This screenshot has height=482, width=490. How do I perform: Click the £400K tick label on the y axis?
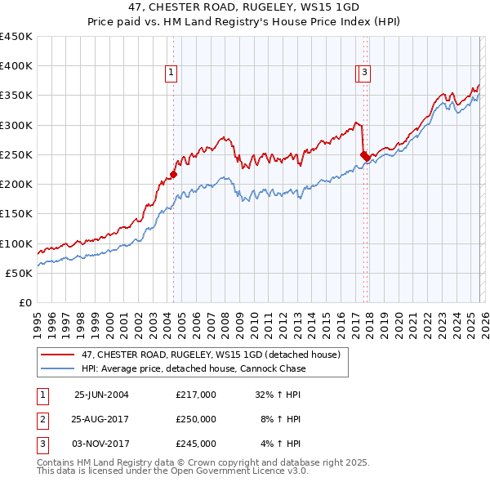click(x=16, y=66)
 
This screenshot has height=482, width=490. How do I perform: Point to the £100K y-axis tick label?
click(x=16, y=243)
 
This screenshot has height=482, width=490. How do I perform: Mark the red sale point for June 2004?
click(x=173, y=174)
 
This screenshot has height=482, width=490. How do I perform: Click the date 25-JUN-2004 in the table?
click(x=101, y=394)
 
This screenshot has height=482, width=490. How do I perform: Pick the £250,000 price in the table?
click(x=196, y=419)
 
